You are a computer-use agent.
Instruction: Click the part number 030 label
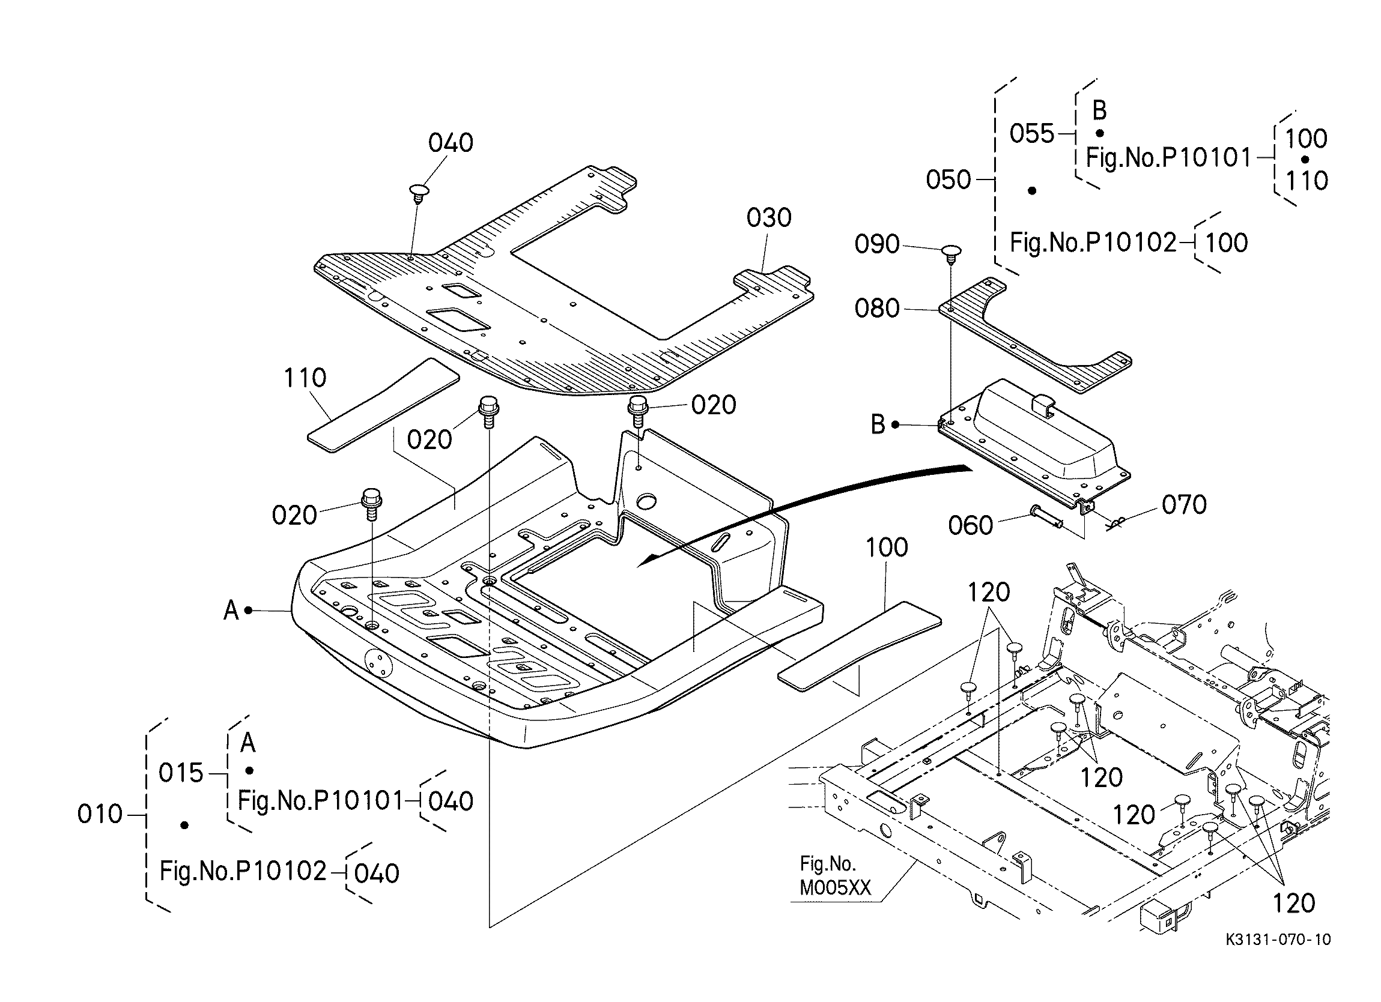(769, 218)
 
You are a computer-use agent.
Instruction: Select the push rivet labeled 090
(950, 254)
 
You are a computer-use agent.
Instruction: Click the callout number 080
(877, 309)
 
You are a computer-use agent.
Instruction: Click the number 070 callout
(1184, 506)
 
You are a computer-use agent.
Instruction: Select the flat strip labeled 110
(384, 405)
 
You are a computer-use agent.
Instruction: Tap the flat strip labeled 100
(860, 646)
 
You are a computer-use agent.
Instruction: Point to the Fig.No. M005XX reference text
(835, 876)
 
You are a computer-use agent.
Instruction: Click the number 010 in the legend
(100, 815)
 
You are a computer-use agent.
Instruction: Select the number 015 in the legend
(181, 773)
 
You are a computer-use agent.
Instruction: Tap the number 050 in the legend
(948, 180)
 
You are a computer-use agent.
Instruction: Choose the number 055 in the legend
(1032, 134)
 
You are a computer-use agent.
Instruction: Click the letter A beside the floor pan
(231, 610)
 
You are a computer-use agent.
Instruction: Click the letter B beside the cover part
(878, 425)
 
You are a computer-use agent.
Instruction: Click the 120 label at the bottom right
(1294, 904)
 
